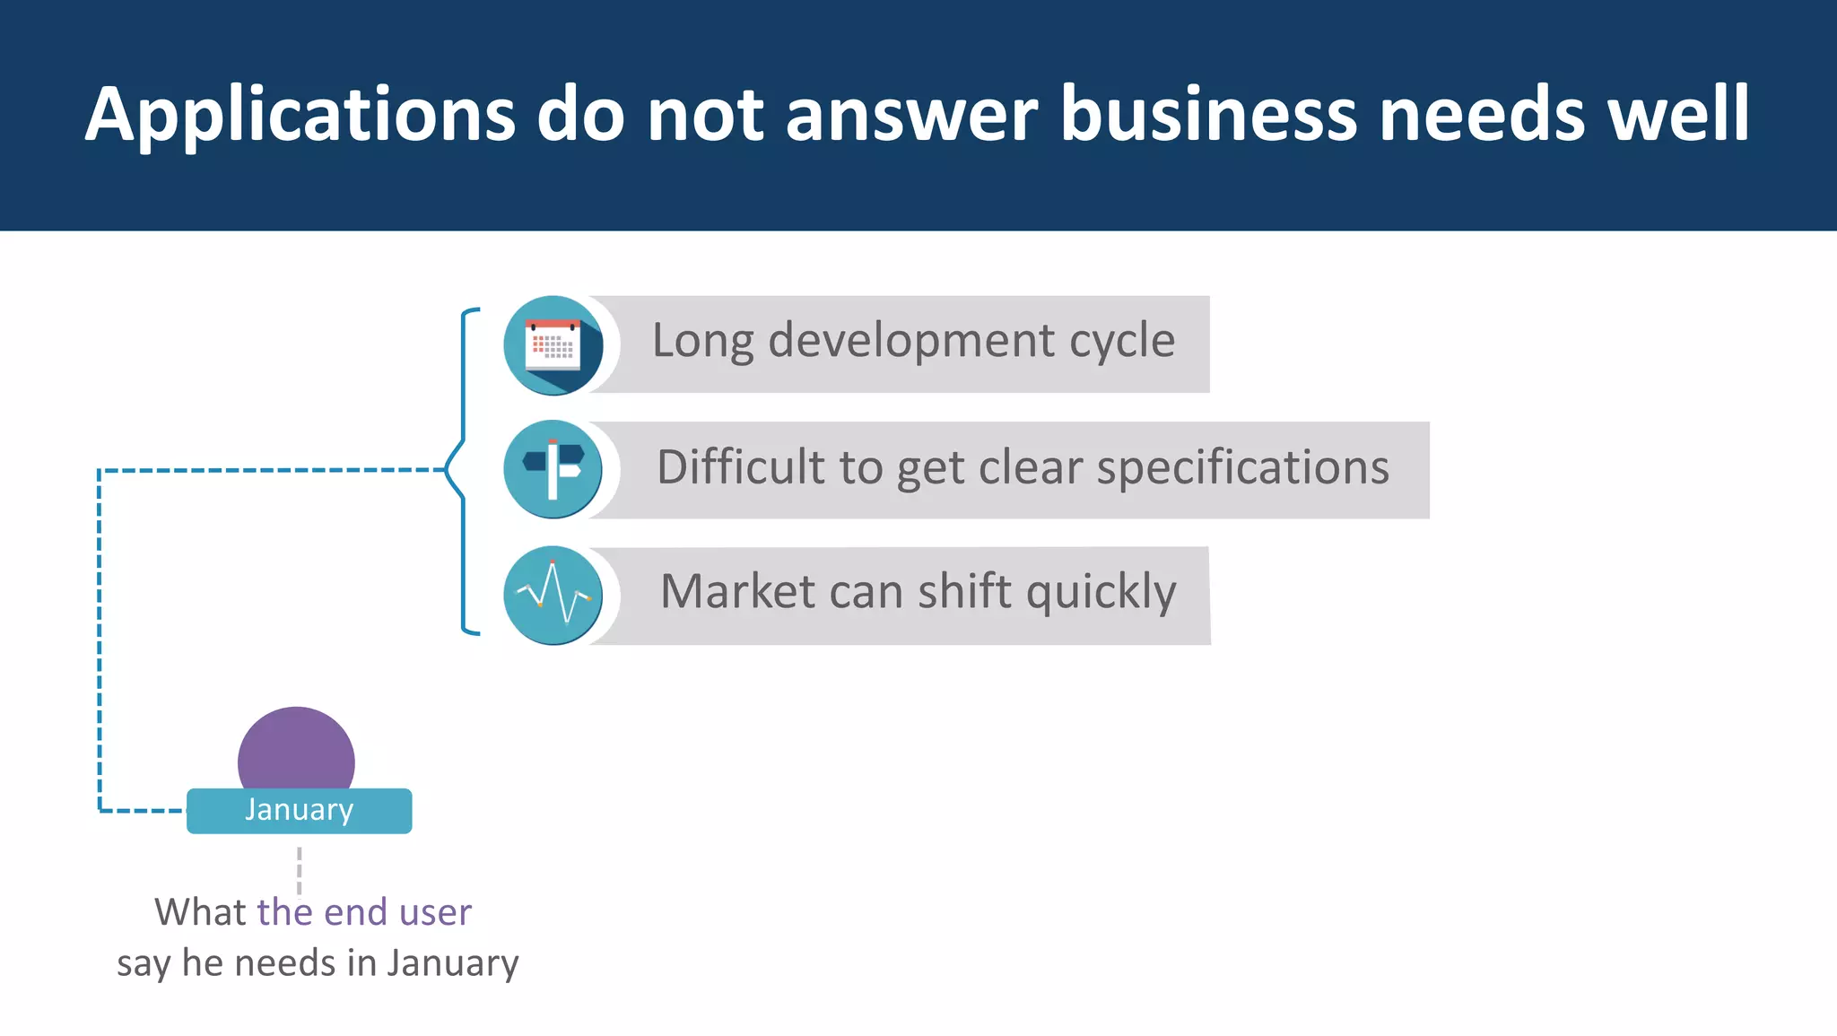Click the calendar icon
coord(553,345)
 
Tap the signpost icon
coord(553,469)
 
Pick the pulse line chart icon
coord(553,596)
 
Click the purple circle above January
coord(296,749)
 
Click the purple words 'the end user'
coord(363,912)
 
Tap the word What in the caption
coord(200,912)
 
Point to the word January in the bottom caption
coord(452,963)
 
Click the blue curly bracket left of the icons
coord(461,470)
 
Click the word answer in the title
coord(911,115)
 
